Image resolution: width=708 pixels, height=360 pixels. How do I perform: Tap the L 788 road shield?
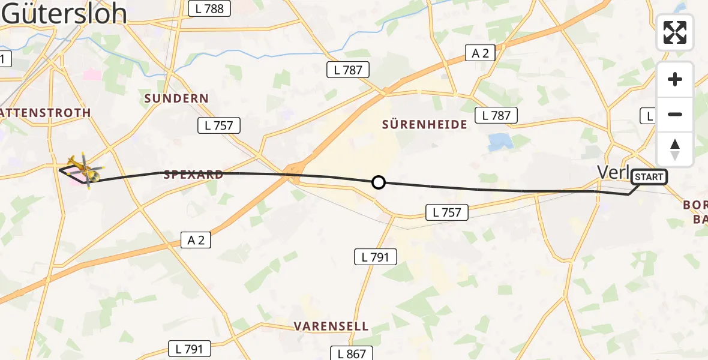click(209, 8)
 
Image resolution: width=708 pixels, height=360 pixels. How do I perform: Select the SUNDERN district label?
click(176, 98)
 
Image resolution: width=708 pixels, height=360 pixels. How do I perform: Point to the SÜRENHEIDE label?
click(425, 125)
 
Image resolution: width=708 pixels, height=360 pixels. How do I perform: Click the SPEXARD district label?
click(193, 175)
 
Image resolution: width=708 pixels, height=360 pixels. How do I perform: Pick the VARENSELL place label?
click(331, 326)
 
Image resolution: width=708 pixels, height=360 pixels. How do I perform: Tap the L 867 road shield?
click(352, 353)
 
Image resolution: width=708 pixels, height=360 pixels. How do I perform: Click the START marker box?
click(649, 177)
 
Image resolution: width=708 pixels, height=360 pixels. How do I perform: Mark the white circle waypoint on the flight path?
click(378, 182)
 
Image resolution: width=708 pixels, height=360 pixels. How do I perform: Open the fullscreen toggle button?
click(675, 32)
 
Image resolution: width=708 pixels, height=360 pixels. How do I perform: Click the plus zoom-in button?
click(675, 79)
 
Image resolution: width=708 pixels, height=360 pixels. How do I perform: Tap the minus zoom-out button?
click(675, 114)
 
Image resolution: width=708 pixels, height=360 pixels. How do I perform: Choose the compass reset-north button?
click(675, 149)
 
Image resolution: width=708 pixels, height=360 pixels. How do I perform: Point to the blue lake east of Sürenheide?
click(500, 142)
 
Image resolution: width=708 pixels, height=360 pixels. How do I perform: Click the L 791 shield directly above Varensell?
click(375, 257)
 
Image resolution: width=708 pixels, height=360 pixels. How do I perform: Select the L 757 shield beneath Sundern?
click(219, 125)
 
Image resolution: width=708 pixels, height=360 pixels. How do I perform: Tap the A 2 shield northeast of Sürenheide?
click(480, 53)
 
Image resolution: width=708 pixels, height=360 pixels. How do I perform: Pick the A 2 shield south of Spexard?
click(196, 241)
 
